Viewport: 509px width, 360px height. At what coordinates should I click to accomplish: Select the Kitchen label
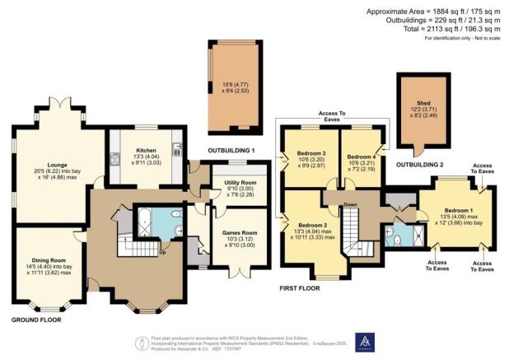pos(139,151)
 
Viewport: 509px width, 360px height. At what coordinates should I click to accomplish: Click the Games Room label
pos(235,233)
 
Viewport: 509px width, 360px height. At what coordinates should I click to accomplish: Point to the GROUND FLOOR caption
pos(39,318)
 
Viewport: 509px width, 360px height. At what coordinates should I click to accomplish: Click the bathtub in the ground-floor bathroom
pos(142,222)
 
